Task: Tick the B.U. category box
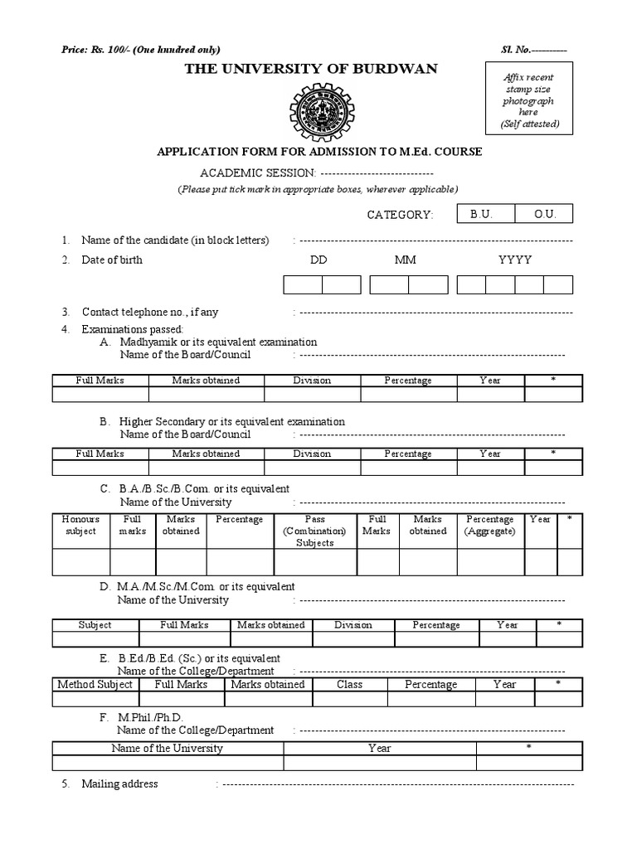[x=481, y=214]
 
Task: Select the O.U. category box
[x=544, y=214]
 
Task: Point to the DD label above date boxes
[x=318, y=260]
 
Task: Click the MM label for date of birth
[x=406, y=260]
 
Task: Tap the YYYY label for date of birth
[x=514, y=260]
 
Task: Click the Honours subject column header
[x=80, y=525]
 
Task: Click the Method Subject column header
[x=95, y=684]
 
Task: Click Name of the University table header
[x=168, y=748]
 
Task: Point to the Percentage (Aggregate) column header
[x=489, y=525]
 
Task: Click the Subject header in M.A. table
[x=95, y=624]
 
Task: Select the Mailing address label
[x=119, y=784]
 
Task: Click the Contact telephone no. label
[x=150, y=313]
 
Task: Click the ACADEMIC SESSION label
[x=257, y=172]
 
